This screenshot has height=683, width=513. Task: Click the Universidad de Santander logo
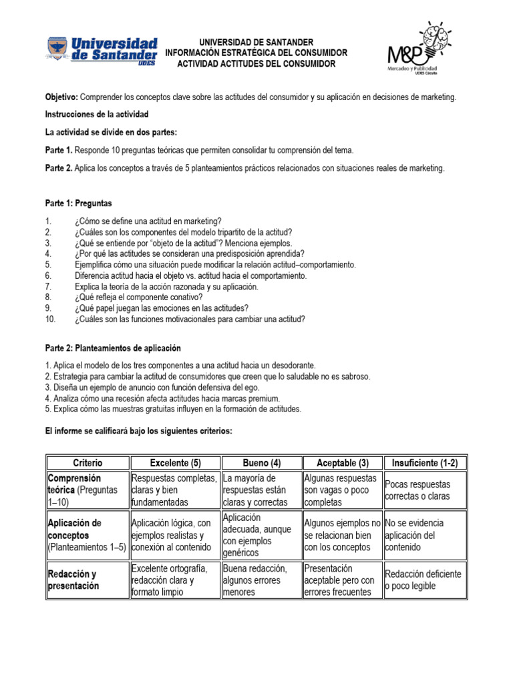coord(102,51)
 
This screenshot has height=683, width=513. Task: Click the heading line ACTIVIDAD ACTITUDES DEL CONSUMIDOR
coord(256,63)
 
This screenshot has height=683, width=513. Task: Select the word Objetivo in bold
coord(61,97)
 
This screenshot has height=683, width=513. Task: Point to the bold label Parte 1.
coord(59,150)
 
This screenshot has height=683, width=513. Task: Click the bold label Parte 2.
coord(59,168)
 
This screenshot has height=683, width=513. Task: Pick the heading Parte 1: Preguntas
coord(78,203)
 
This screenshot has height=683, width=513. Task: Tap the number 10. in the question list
coord(51,319)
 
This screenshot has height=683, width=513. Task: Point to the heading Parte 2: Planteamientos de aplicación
coord(113,348)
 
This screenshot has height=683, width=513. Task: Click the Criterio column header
coord(87,463)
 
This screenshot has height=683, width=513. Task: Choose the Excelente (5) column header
coord(174,463)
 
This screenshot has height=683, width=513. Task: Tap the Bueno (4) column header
coord(261,463)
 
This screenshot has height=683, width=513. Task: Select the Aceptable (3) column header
coord(342,463)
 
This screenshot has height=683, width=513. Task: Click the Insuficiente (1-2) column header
coord(425,463)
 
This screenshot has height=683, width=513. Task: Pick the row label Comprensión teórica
coord(74,484)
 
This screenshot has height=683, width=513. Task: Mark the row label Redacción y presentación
coord(72,580)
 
